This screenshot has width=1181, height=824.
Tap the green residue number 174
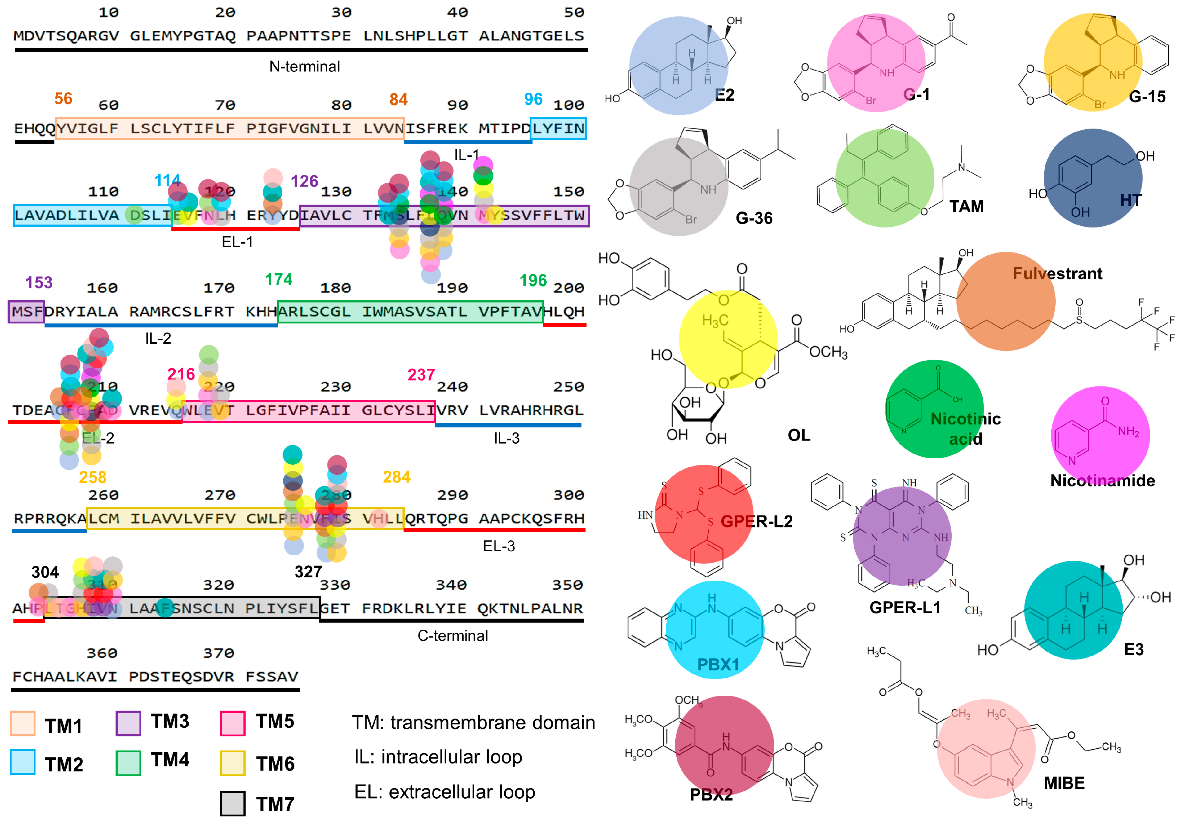tap(279, 279)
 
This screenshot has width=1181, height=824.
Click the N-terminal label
tap(305, 66)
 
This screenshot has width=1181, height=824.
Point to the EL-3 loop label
tap(498, 546)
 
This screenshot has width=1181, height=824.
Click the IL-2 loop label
tap(158, 338)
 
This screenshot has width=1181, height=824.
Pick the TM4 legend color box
tap(128, 763)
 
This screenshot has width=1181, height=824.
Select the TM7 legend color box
tap(233, 803)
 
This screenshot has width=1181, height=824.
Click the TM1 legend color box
tap(22, 724)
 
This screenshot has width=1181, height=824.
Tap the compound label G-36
tap(754, 218)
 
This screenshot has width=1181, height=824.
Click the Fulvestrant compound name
tap(1057, 273)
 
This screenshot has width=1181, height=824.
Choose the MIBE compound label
tap(1064, 783)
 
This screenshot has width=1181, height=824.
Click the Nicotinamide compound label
tap(1102, 480)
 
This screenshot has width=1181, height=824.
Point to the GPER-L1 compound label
tap(905, 607)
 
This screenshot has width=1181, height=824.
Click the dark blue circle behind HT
tap(1093, 177)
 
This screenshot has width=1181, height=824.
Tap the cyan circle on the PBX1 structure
tap(714, 631)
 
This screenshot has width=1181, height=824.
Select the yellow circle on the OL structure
tap(727, 339)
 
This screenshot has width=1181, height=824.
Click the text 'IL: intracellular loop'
tap(438, 757)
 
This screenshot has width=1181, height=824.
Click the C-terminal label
tap(452, 636)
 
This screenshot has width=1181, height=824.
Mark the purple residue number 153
tap(39, 283)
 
